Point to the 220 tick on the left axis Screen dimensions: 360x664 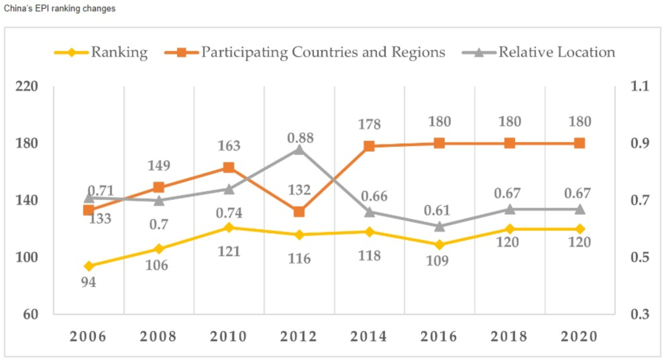(x=26, y=86)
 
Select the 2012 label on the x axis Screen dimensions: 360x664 (x=299, y=336)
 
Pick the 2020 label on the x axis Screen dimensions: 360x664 (x=580, y=336)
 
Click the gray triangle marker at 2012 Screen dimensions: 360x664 (x=299, y=149)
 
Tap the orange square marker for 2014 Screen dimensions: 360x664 (x=369, y=146)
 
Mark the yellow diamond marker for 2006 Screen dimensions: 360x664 (x=89, y=266)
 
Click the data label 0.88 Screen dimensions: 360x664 (x=299, y=136)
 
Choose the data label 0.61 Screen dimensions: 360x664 (x=440, y=212)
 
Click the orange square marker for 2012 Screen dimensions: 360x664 (x=299, y=212)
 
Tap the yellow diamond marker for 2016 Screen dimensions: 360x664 (x=440, y=244)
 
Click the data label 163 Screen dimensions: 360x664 (x=229, y=146)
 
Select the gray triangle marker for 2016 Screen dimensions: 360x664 (x=440, y=226)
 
